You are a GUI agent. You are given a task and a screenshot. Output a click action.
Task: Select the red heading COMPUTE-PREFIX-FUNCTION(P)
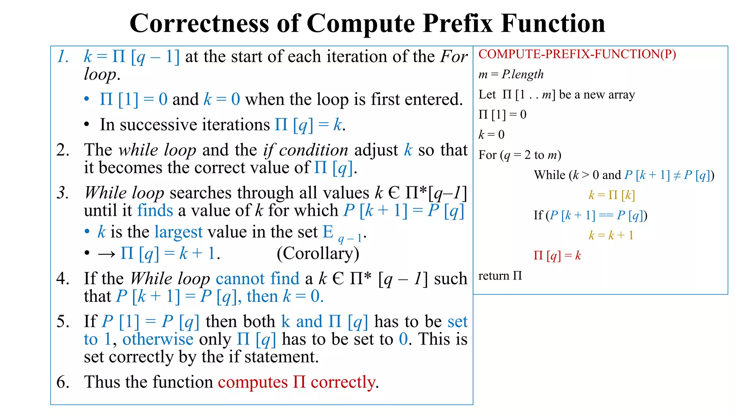[577, 54]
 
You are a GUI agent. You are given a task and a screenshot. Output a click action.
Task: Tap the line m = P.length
[511, 74]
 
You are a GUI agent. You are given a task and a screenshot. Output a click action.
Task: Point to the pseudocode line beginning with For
[520, 155]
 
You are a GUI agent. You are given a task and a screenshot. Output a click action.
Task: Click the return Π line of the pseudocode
[500, 276]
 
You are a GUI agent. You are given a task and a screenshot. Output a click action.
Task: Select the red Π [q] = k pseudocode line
[557, 256]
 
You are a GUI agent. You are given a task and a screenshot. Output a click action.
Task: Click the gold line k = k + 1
[611, 235]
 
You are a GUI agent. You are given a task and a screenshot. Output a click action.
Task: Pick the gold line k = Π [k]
[612, 195]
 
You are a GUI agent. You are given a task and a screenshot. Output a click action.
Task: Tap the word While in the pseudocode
[549, 175]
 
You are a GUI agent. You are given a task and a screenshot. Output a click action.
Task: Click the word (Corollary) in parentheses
[318, 253]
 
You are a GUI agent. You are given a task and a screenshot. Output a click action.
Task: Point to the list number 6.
[63, 382]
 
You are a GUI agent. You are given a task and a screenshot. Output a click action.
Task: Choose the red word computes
[253, 382]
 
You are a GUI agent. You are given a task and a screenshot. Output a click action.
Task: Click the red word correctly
[343, 382]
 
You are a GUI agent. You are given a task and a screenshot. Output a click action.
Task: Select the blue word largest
[178, 232]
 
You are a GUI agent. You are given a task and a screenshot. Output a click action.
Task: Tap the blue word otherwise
[158, 339]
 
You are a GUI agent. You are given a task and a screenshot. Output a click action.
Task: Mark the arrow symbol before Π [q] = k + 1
[107, 254]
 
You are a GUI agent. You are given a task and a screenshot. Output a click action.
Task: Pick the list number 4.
[63, 279]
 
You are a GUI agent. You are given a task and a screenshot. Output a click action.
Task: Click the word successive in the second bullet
[195, 125]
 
